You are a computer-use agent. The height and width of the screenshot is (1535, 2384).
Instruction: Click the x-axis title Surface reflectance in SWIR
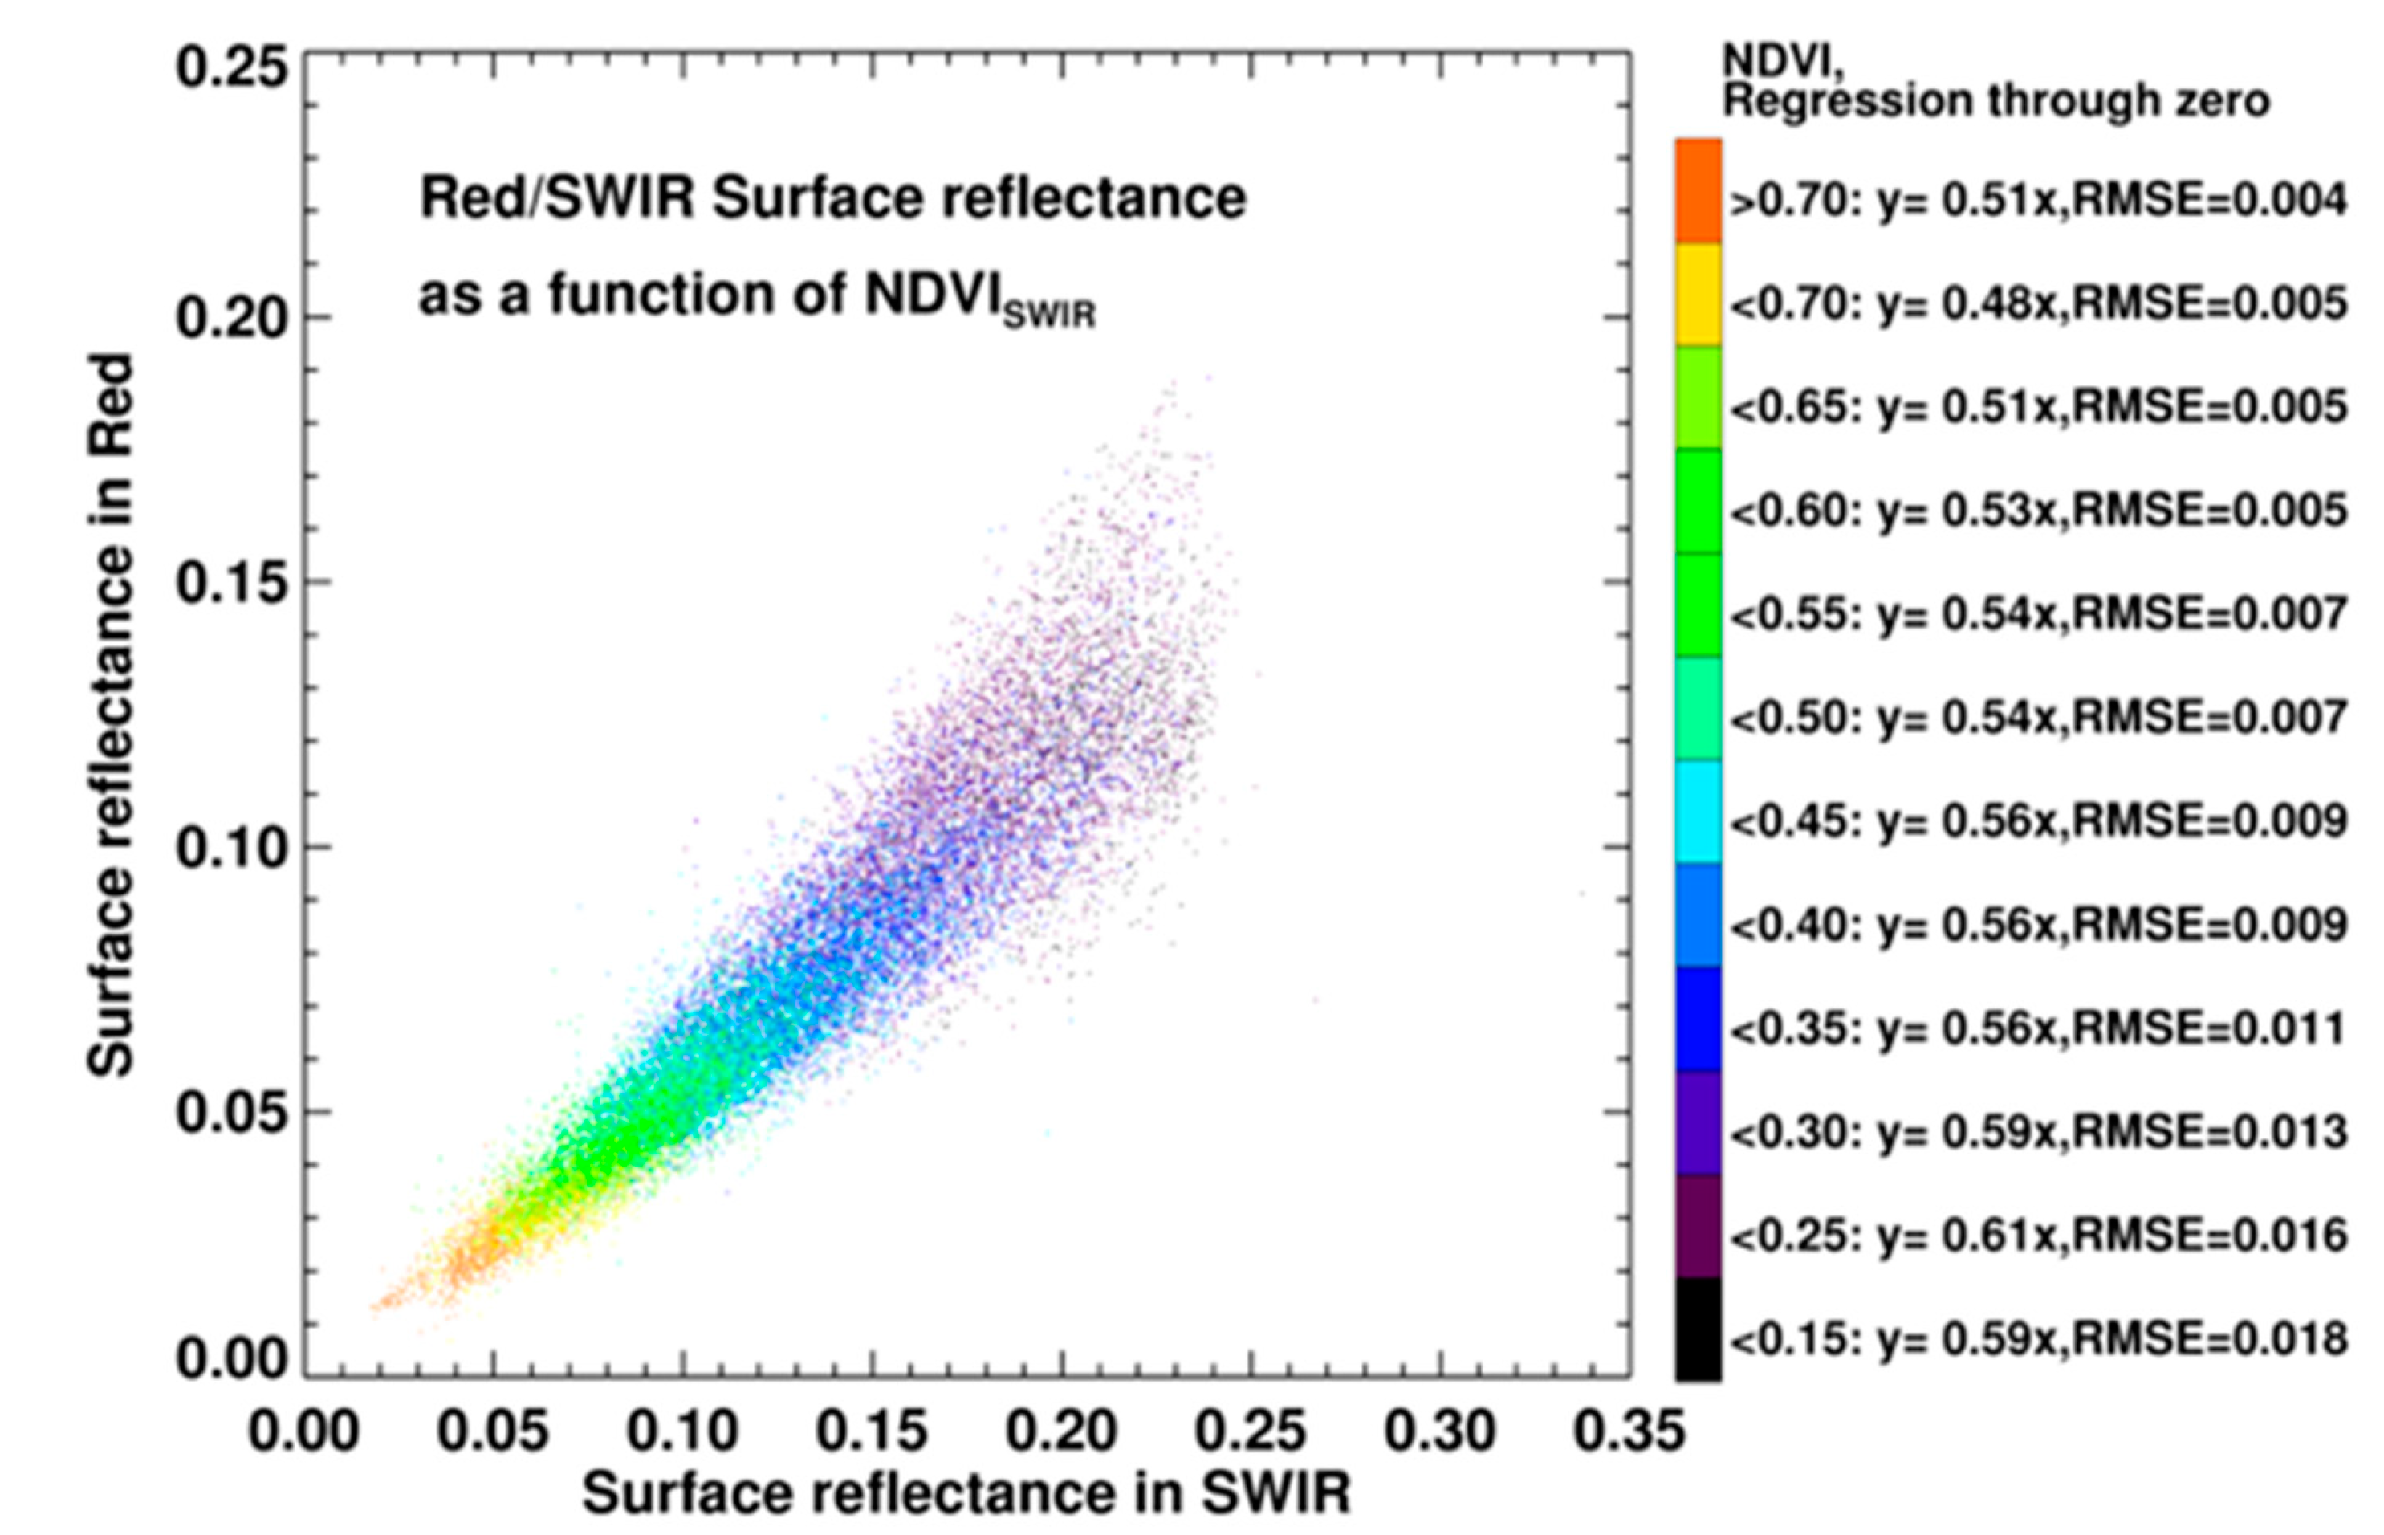pyautogui.click(x=966, y=1493)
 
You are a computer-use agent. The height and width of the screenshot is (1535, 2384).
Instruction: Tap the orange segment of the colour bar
pyautogui.click(x=1698, y=189)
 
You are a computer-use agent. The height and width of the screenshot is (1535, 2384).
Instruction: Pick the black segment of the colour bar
pyautogui.click(x=1698, y=1329)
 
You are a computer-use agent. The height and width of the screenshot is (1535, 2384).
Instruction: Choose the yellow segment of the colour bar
pyautogui.click(x=1698, y=294)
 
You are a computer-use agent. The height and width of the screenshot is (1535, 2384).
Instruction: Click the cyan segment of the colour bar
pyautogui.click(x=1698, y=812)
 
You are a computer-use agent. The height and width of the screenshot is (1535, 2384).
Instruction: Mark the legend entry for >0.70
pyautogui.click(x=2038, y=202)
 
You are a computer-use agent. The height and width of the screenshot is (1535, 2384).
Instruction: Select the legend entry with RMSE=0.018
pyautogui.click(x=2038, y=1338)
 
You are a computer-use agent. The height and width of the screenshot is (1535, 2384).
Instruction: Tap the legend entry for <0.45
pyautogui.click(x=2038, y=821)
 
